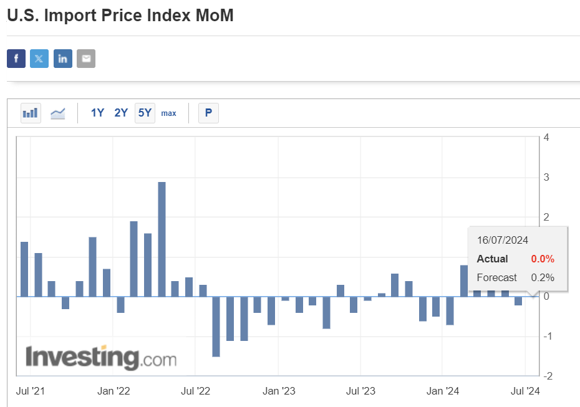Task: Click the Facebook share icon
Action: click(x=16, y=59)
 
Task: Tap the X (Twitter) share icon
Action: click(x=39, y=59)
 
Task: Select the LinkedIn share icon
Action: click(x=63, y=59)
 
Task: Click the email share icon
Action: click(x=86, y=59)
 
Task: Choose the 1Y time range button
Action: click(x=97, y=113)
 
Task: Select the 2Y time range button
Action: click(x=121, y=113)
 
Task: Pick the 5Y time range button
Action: click(x=145, y=113)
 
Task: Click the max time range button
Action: click(x=168, y=113)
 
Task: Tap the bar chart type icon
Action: click(x=31, y=113)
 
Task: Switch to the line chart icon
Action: click(x=58, y=113)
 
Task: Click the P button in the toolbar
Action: click(x=208, y=113)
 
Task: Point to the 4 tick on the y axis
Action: click(x=546, y=138)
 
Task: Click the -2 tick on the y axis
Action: click(x=546, y=376)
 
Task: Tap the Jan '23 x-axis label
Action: click(x=279, y=391)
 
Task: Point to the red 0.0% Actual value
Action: click(x=543, y=259)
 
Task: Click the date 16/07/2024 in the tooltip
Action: click(x=503, y=240)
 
